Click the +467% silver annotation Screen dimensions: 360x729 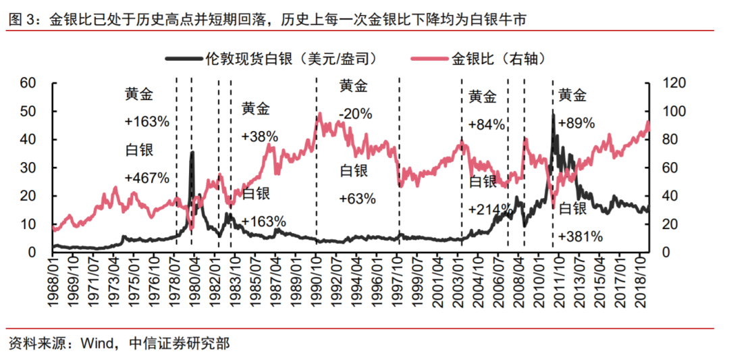tap(146, 178)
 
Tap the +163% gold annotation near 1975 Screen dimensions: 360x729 tap(146, 122)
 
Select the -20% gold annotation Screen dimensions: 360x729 tap(355, 113)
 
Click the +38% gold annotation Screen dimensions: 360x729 tap(259, 136)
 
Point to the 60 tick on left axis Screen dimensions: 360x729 tap(27, 83)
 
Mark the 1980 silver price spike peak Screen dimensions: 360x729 tap(192, 153)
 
